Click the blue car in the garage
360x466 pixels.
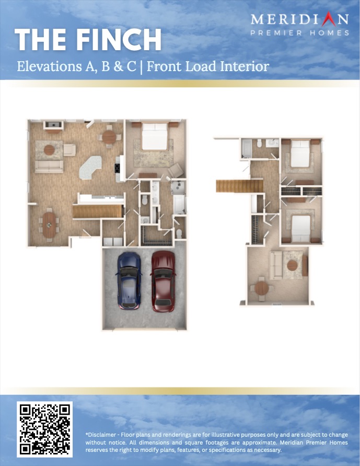coord(129,281)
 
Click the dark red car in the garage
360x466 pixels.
coord(163,281)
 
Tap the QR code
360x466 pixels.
coord(45,429)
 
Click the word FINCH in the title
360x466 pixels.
coord(119,40)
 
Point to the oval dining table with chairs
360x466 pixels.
coord(49,225)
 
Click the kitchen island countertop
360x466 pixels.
coord(90,168)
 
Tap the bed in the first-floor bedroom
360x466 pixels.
coord(154,137)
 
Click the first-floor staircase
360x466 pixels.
coord(98,212)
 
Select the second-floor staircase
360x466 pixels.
coord(239,186)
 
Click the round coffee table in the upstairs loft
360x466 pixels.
coord(292,265)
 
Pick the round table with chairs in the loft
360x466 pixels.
coord(261,288)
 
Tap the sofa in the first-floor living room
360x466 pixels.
coord(49,166)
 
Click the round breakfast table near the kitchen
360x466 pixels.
coord(109,137)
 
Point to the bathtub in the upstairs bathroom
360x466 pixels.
coord(247,149)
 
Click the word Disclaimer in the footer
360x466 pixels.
coord(101,435)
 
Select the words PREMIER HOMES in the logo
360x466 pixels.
coord(299,33)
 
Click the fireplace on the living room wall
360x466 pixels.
coord(53,125)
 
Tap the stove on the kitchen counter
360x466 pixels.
coord(117,168)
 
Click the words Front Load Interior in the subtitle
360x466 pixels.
coord(208,66)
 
